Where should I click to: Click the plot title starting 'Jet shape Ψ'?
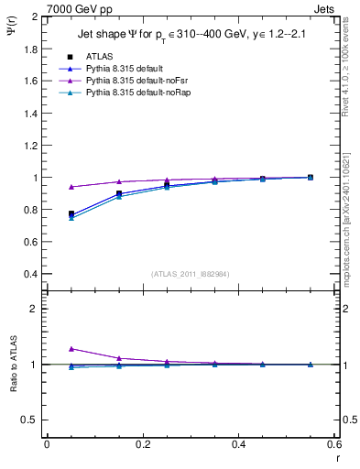pos(191,35)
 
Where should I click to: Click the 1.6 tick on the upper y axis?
pos(31,82)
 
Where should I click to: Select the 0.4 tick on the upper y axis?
pos(31,274)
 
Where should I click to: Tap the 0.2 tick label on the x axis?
pos(142,444)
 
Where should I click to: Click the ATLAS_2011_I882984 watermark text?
pos(191,274)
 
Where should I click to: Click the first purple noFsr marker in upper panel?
pos(71,187)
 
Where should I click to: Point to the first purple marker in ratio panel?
pos(71,349)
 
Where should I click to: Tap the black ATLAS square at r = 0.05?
pos(71,213)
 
